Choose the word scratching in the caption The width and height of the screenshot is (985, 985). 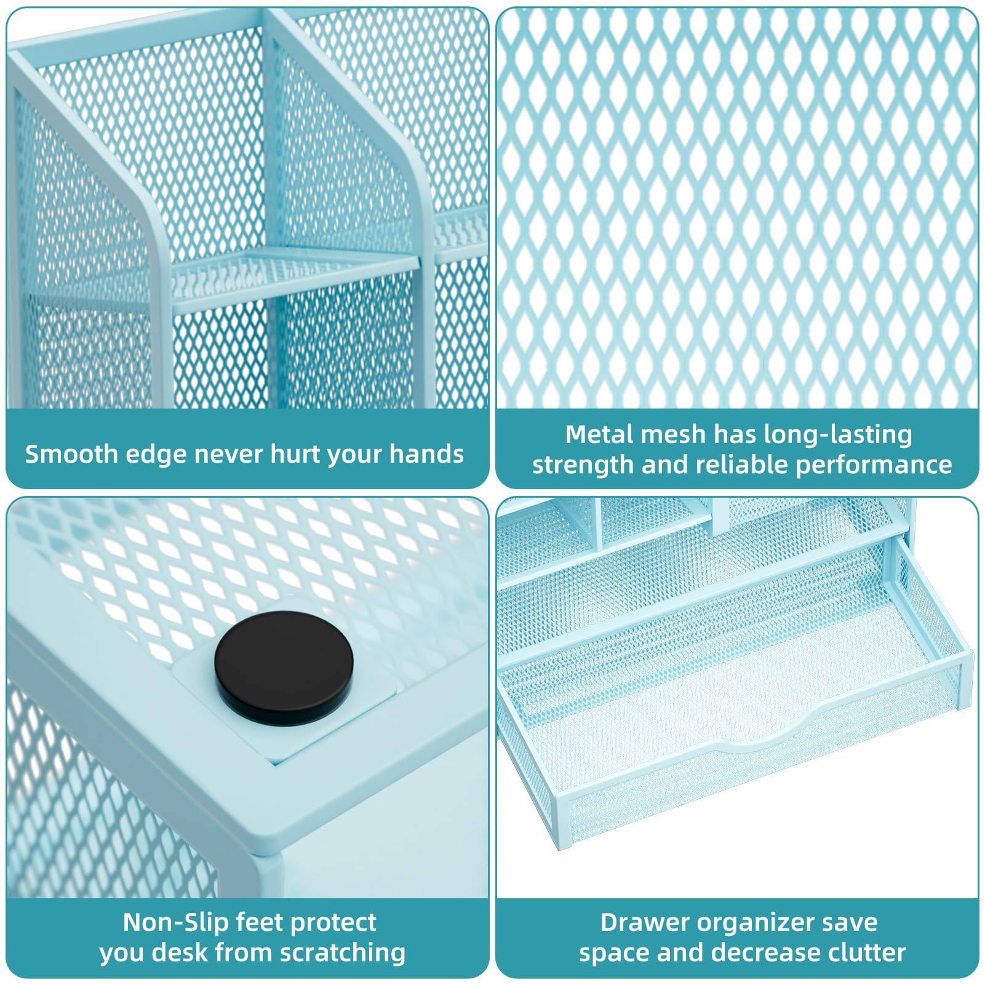[x=343, y=952]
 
